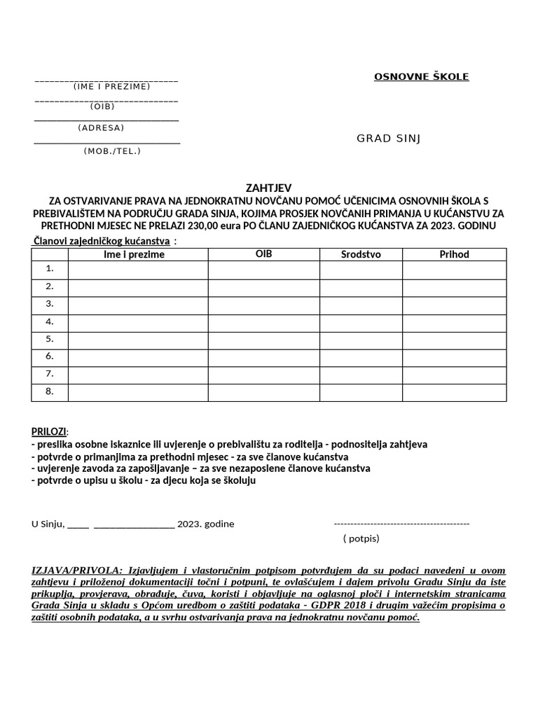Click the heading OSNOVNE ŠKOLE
[x=421, y=76]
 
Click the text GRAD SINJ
[x=388, y=138]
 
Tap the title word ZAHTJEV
[x=268, y=188]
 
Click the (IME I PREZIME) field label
[x=111, y=86]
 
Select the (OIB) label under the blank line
[x=102, y=106]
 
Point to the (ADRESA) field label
[x=101, y=127]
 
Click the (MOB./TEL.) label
[x=112, y=151]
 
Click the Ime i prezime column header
[x=134, y=254]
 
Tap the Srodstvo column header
[x=361, y=254]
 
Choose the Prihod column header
[x=454, y=254]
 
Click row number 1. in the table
[x=50, y=269]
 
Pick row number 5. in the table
[x=50, y=339]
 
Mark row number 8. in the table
[x=50, y=391]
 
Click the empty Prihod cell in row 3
[x=454, y=305]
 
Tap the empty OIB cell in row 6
[x=263, y=357]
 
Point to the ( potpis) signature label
[x=361, y=538]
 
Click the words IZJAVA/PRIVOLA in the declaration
[x=77, y=570]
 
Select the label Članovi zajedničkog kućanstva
[x=102, y=242]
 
